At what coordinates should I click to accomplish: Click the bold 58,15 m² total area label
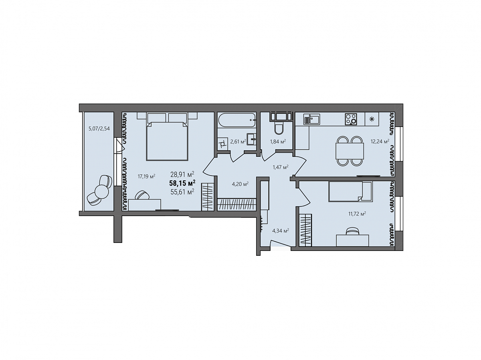tap(182, 183)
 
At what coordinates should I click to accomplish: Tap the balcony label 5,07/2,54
tap(99, 129)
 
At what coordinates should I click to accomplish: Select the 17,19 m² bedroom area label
tap(146, 176)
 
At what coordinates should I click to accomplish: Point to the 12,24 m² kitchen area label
tap(380, 142)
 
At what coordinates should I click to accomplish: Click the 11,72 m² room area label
tap(357, 214)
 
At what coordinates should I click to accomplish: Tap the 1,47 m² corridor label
tap(281, 168)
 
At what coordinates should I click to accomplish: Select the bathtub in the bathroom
tap(236, 119)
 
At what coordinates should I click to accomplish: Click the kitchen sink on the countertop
tap(312, 119)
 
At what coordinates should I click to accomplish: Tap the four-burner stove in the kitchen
tap(351, 119)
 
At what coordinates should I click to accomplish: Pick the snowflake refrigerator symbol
tap(372, 119)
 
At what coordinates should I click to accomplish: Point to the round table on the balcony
tap(102, 191)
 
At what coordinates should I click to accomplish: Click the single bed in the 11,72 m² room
tap(350, 192)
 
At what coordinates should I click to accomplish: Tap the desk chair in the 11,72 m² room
tap(352, 231)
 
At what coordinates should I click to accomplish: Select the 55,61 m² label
tap(182, 192)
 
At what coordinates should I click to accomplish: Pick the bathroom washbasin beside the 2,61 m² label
tap(252, 139)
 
